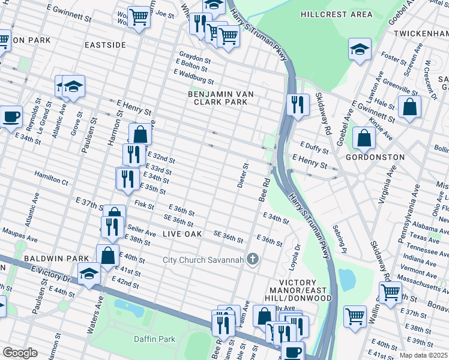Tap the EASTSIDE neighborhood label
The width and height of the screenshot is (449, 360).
coord(105,45)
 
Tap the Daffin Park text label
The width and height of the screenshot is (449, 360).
coord(154,339)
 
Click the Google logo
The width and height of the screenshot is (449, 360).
coord(20,352)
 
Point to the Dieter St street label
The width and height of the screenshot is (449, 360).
coord(243,175)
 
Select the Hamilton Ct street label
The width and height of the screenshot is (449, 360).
coord(51,179)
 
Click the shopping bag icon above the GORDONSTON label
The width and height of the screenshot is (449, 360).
coord(364,137)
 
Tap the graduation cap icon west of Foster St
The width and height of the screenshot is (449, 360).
coord(360,49)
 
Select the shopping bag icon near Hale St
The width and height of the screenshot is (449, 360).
coord(409,106)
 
